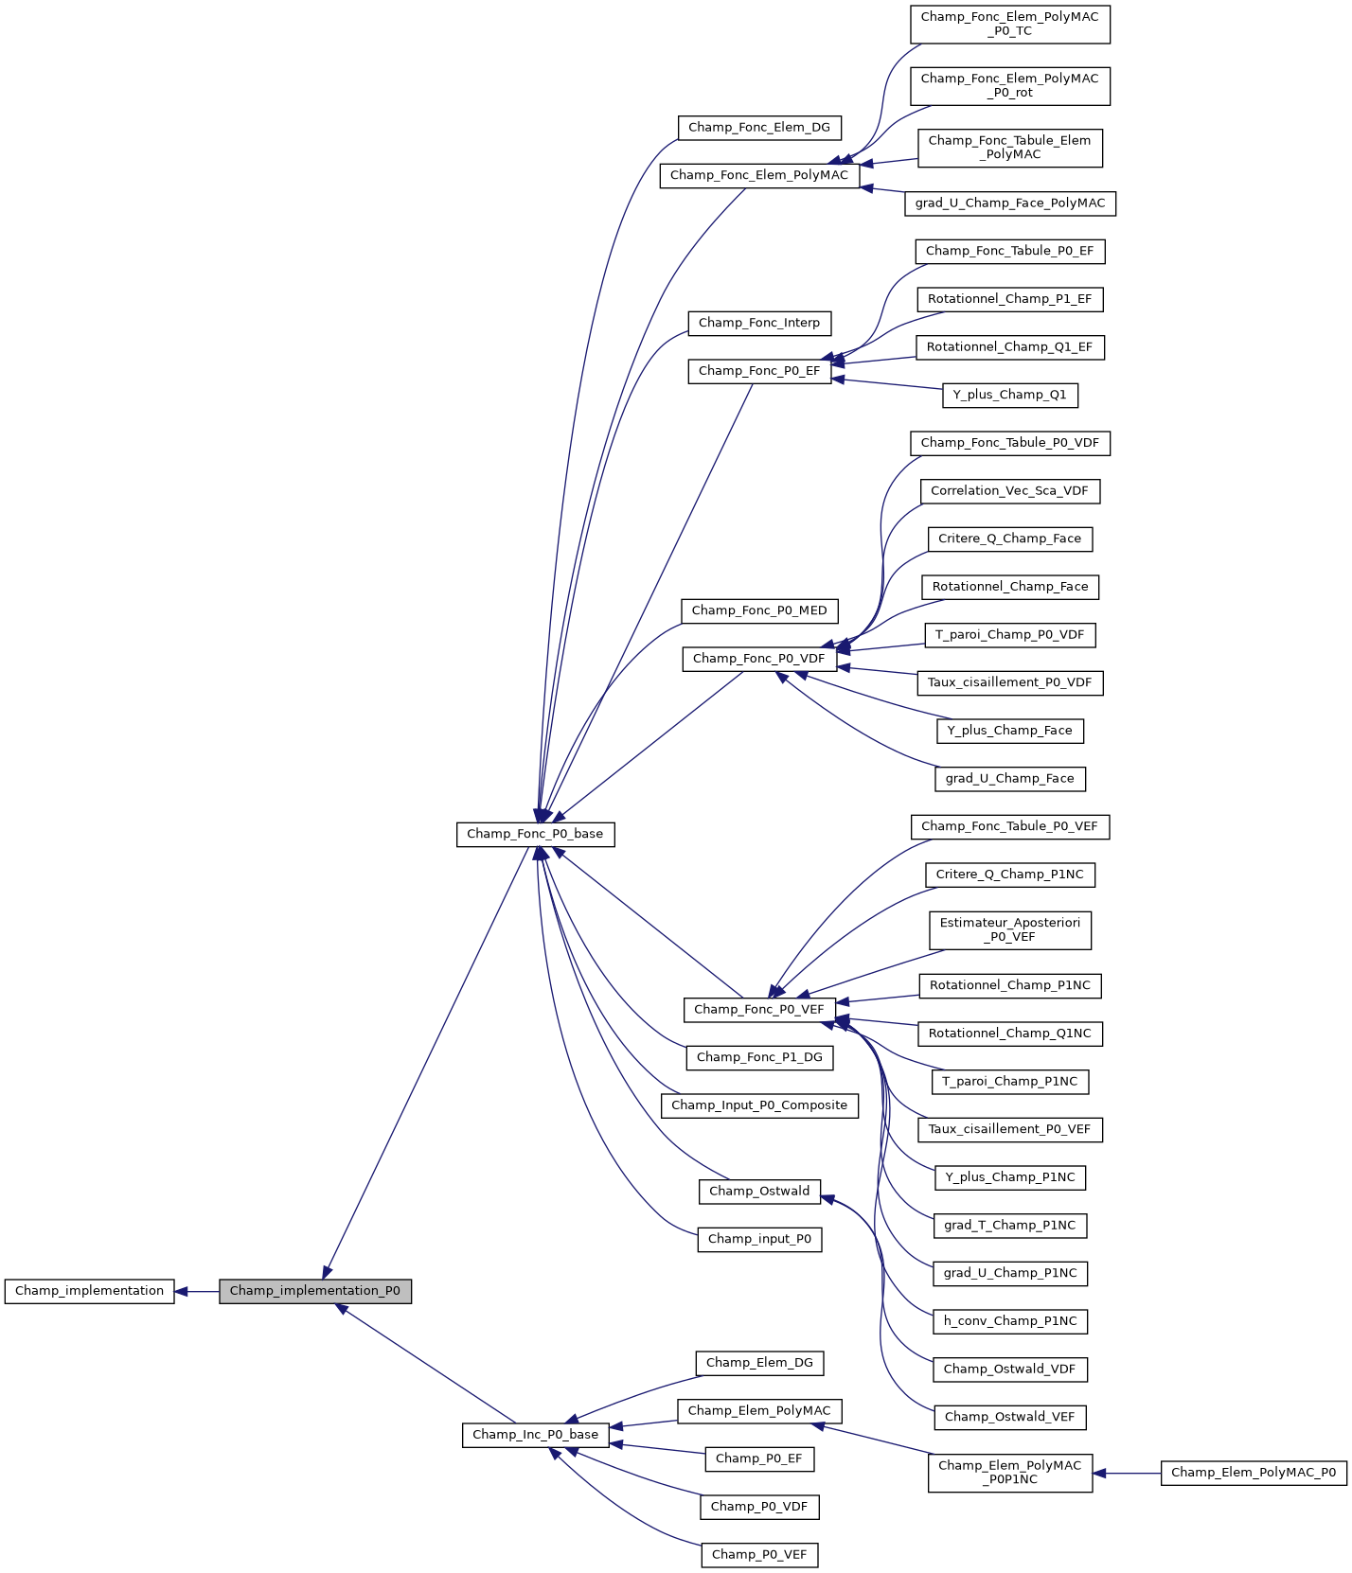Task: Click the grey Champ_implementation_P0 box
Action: coord(315,1291)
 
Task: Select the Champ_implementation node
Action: coord(89,1291)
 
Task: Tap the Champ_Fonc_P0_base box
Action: coord(535,834)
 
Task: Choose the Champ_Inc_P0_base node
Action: coord(535,1435)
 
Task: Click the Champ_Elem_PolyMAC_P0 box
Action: coord(1254,1473)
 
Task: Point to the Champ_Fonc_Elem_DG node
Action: coord(759,128)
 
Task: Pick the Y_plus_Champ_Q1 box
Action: coord(1009,395)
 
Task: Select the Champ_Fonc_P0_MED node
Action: coord(759,610)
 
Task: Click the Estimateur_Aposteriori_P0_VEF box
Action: coord(1009,930)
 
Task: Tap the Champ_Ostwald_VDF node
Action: coord(1009,1369)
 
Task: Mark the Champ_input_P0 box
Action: coord(759,1239)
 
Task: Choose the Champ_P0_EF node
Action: coord(759,1458)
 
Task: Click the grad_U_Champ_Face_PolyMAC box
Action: coord(1009,203)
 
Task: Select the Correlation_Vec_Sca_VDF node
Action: coord(1009,491)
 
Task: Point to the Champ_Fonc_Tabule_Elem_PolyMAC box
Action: coord(1009,148)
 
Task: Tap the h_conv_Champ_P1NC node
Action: coord(1009,1321)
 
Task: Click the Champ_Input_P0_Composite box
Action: coord(759,1105)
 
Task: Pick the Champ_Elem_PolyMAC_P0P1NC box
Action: coord(1009,1473)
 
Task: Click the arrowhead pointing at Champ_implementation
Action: coord(182,1291)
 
